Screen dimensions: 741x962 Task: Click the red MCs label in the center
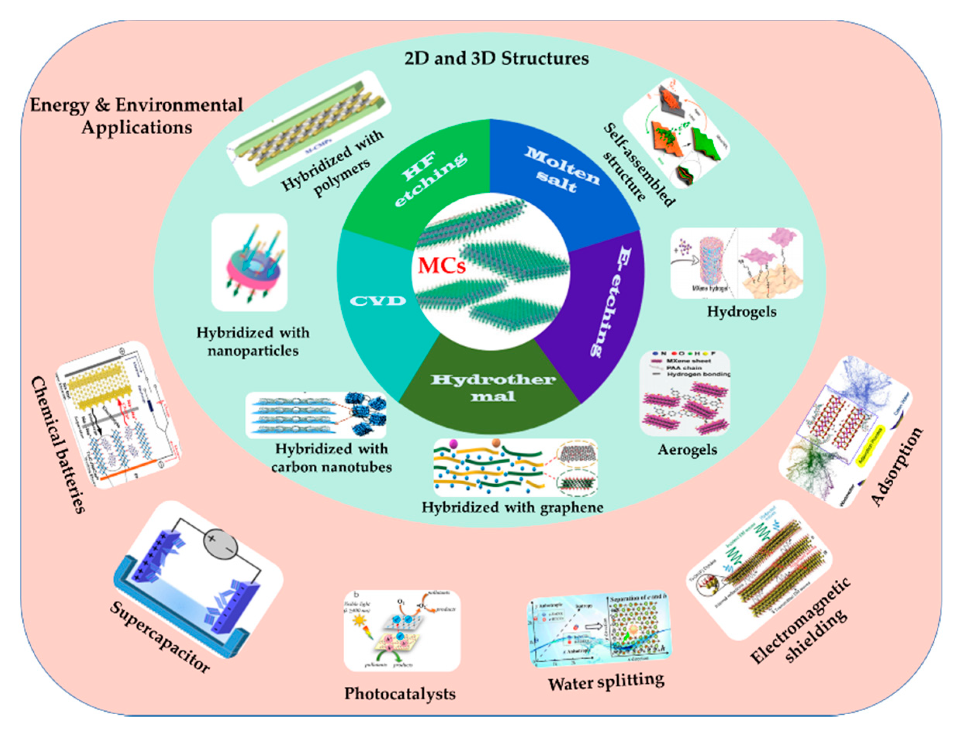(441, 266)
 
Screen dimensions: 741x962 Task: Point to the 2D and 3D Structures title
(496, 59)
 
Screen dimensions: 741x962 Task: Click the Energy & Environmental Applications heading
(136, 116)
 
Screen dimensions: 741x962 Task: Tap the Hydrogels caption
(742, 312)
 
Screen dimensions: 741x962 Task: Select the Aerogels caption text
(687, 449)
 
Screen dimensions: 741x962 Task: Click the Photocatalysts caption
(399, 693)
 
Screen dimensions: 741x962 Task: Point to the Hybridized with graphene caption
(512, 508)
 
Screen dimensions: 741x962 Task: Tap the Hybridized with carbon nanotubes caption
(331, 458)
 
